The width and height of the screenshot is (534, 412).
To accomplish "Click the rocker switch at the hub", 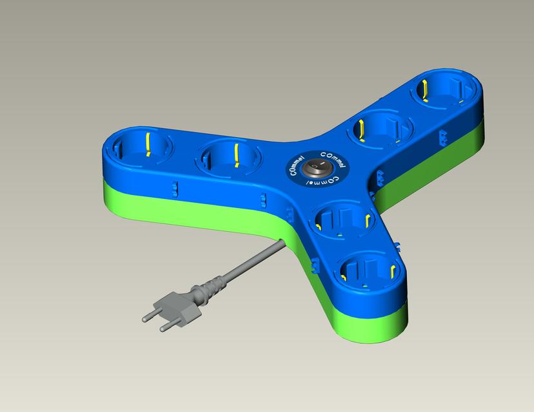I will click(x=317, y=169).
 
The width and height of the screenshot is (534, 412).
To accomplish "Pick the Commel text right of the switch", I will click(x=334, y=159).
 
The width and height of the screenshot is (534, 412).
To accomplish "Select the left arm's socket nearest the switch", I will click(x=226, y=158).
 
